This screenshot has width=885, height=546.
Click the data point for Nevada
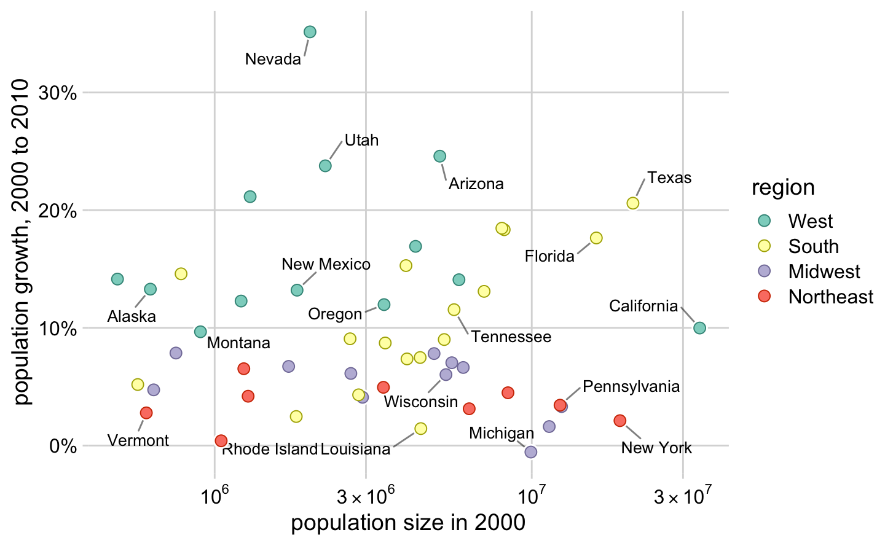point(310,32)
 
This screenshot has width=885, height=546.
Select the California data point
point(699,328)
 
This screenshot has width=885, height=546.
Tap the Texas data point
point(632,203)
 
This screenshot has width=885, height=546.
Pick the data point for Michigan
point(531,452)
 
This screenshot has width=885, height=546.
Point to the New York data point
point(619,421)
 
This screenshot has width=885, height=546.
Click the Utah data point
point(325,166)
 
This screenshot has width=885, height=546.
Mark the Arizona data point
point(439,157)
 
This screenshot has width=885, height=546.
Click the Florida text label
point(549,256)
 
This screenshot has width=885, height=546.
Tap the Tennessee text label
point(511,337)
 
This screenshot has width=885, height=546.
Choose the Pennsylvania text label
point(631,387)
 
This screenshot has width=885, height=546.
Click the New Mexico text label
point(326,265)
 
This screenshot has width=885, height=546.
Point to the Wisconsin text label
point(421,402)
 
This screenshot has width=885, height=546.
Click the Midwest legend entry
point(824,271)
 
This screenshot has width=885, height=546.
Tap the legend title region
point(783,188)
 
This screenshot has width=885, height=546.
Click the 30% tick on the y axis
point(58,93)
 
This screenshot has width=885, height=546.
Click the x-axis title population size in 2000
point(408,523)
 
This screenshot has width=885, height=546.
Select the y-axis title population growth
point(22,241)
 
